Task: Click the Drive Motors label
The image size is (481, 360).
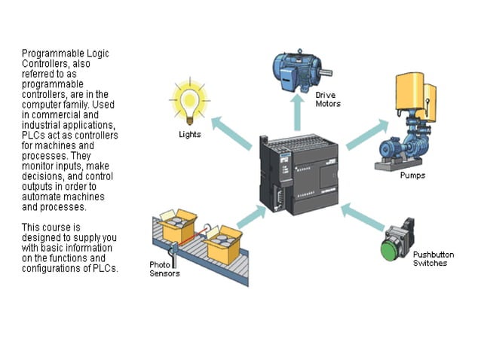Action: (x=328, y=99)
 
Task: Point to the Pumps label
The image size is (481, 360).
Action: (x=412, y=175)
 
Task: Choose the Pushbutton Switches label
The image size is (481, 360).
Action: (x=430, y=259)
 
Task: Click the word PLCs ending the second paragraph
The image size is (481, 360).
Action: (x=106, y=269)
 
